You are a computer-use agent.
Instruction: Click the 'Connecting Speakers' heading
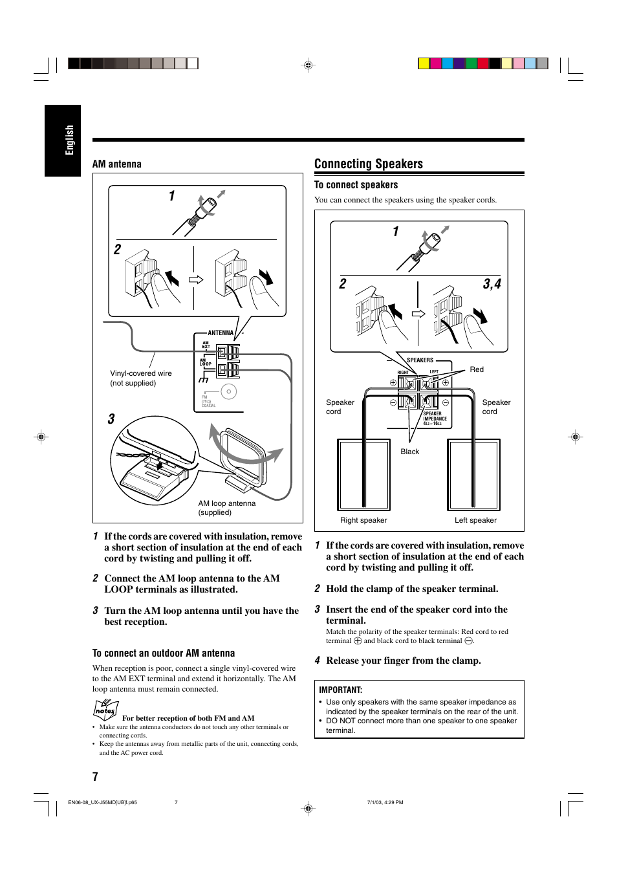pos(368,164)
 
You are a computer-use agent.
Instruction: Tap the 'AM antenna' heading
pos(116,164)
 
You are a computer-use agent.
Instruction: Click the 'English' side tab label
pos(69,140)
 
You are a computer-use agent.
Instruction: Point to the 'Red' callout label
pos(477,369)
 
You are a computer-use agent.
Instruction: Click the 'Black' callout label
pos(409,452)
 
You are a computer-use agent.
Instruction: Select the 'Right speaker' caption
pos(363,520)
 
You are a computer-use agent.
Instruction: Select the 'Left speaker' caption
pos(475,520)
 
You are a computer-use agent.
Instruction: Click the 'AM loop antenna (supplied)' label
pos(226,508)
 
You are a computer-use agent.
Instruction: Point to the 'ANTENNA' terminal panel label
pos(221,333)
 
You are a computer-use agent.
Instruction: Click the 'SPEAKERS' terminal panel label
pos(420,360)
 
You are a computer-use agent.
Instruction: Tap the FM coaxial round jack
pos(228,391)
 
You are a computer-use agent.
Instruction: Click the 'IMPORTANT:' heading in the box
pos(340,690)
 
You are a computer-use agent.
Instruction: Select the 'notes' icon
pos(105,710)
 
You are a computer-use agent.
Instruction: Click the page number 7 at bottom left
pos(96,776)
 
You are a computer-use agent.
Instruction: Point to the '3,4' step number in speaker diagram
pos(492,284)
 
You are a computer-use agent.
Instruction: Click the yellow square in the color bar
pos(424,63)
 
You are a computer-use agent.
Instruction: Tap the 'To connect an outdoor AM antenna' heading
pos(164,653)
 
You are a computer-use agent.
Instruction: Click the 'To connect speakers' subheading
pos(356,185)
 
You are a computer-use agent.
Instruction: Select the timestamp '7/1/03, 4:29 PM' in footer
pos(385,802)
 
